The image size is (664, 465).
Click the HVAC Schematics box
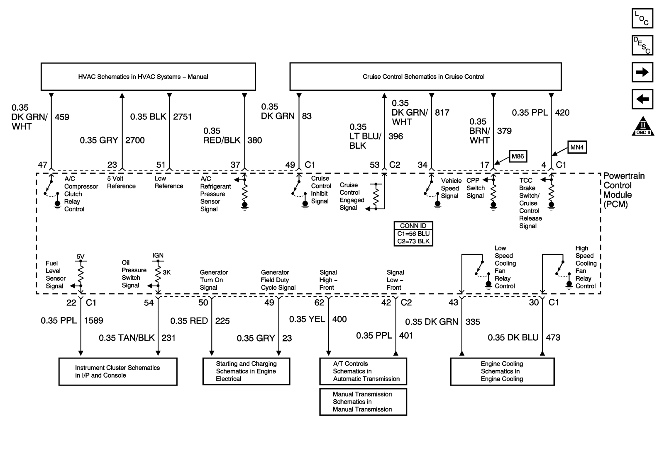148,77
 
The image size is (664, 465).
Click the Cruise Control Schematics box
425,77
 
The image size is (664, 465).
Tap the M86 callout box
518,156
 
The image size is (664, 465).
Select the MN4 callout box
577,147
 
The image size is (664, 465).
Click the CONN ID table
413,234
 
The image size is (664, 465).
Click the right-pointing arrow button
642,73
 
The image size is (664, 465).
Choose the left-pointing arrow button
642,99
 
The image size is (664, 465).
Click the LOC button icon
642,19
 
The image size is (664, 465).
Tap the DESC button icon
642,46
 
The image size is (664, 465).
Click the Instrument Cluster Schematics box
118,372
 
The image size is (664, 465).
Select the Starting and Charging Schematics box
246,371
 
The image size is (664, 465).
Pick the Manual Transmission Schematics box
363,402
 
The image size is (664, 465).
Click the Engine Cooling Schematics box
502,371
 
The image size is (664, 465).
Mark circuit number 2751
183,117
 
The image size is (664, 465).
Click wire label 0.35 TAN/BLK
127,338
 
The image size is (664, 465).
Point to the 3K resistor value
166,273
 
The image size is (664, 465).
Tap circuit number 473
553,338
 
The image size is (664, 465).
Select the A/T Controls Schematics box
363,371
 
